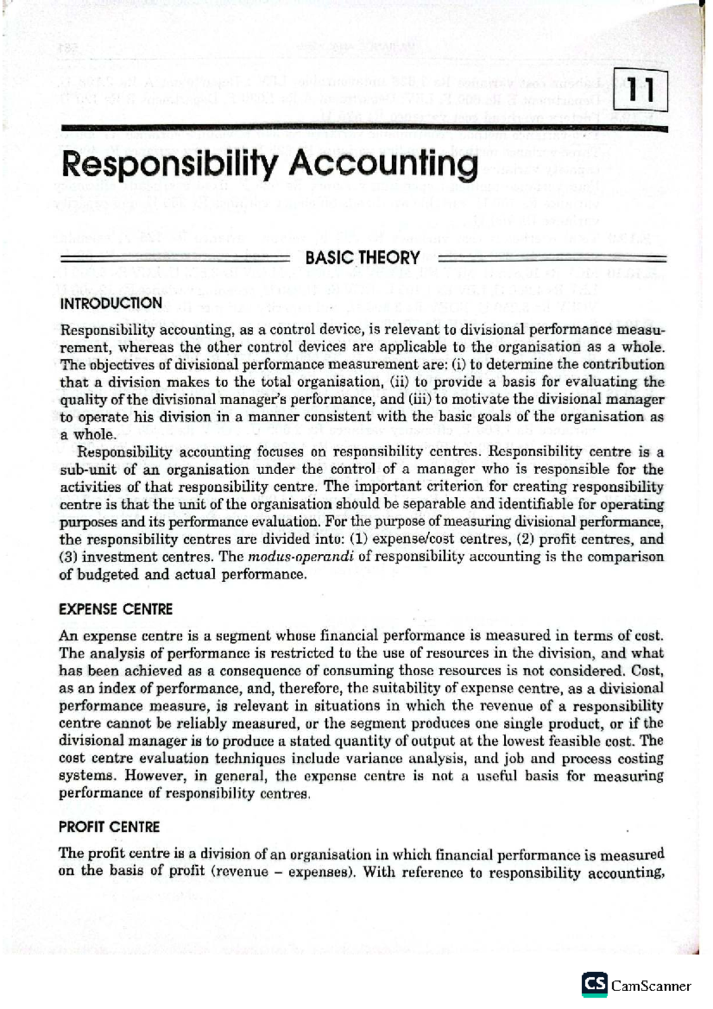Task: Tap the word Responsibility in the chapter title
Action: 170,165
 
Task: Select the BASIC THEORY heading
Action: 362,258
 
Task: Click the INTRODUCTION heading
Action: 111,303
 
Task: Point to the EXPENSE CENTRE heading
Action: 115,609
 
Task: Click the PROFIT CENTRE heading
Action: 109,827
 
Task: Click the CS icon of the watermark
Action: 594,985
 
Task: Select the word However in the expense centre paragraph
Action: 150,775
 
